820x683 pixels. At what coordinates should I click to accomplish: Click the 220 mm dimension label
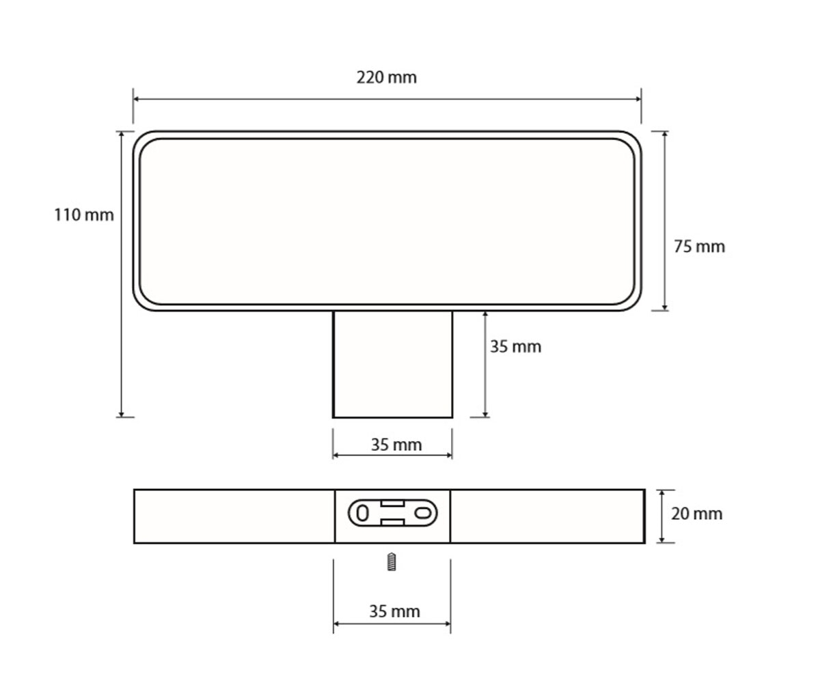[387, 77]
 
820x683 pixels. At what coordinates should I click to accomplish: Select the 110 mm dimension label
[83, 215]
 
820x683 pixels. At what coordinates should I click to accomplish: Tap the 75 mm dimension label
[700, 247]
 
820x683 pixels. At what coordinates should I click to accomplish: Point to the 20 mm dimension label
[697, 514]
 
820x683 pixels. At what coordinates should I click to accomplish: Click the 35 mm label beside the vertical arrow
[515, 346]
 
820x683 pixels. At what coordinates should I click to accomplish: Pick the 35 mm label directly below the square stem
[396, 445]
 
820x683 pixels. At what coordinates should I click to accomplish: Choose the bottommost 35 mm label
[395, 611]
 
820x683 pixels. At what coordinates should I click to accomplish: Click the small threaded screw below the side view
[392, 561]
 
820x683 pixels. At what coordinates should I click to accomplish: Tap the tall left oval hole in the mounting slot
[362, 513]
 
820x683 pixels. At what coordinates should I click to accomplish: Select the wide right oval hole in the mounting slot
[423, 513]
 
